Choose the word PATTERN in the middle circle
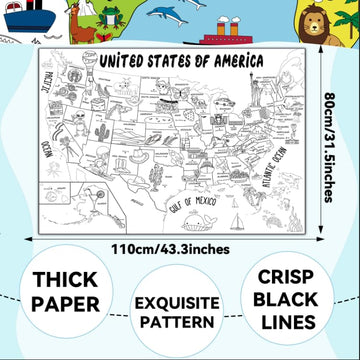pyautogui.click(x=179, y=320)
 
